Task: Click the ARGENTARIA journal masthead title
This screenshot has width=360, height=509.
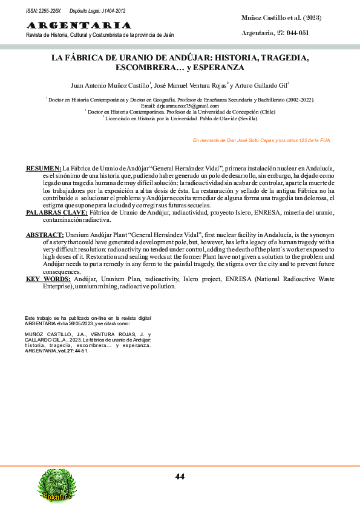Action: [x=79, y=25]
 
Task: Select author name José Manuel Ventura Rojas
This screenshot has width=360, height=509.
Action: [x=190, y=85]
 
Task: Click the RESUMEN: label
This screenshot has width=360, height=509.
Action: [x=43, y=167]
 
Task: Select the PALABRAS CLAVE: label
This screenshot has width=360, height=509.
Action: [x=57, y=213]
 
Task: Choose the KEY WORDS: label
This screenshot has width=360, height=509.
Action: [x=48, y=279]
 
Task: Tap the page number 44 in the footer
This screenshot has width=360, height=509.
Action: [x=180, y=476]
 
